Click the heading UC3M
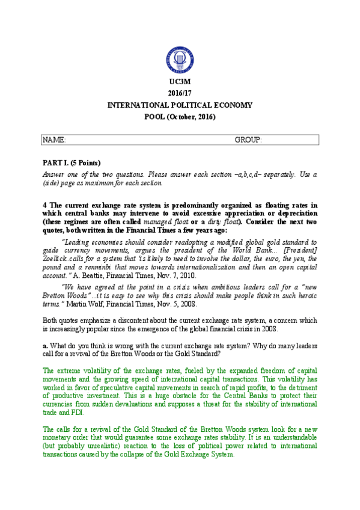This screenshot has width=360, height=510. click(180, 82)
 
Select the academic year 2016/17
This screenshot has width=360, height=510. click(180, 93)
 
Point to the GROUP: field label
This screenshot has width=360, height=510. click(248, 140)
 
